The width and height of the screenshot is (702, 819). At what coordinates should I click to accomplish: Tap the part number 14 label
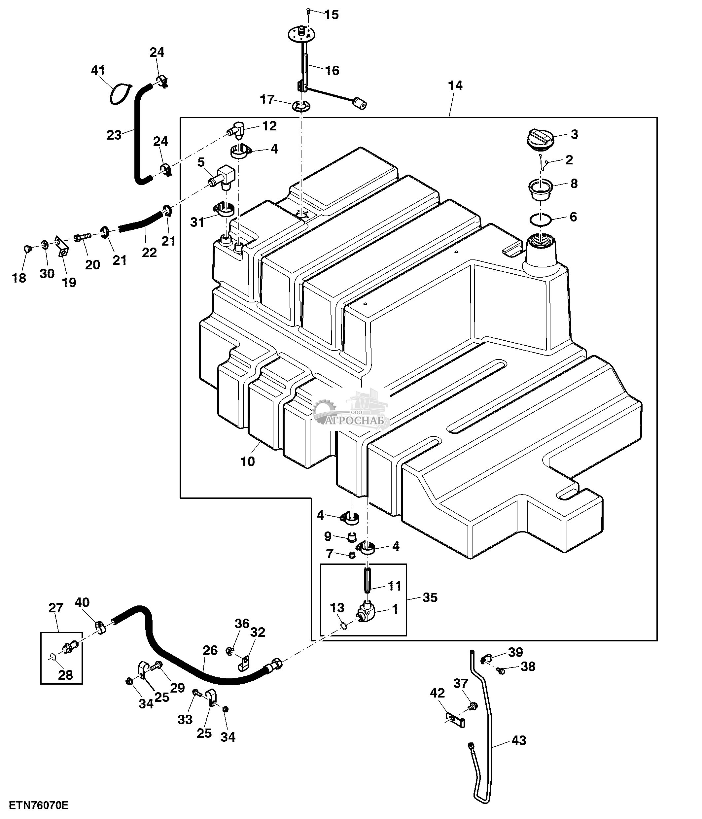[455, 85]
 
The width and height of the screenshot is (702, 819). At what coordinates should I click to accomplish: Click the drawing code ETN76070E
[38, 805]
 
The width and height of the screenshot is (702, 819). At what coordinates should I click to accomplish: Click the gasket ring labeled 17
[301, 106]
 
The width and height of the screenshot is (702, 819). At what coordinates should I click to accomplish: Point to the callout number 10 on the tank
[248, 461]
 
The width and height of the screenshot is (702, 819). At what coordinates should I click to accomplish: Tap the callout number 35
[430, 597]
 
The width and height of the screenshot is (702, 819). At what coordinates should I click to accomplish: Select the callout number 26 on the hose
[210, 650]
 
